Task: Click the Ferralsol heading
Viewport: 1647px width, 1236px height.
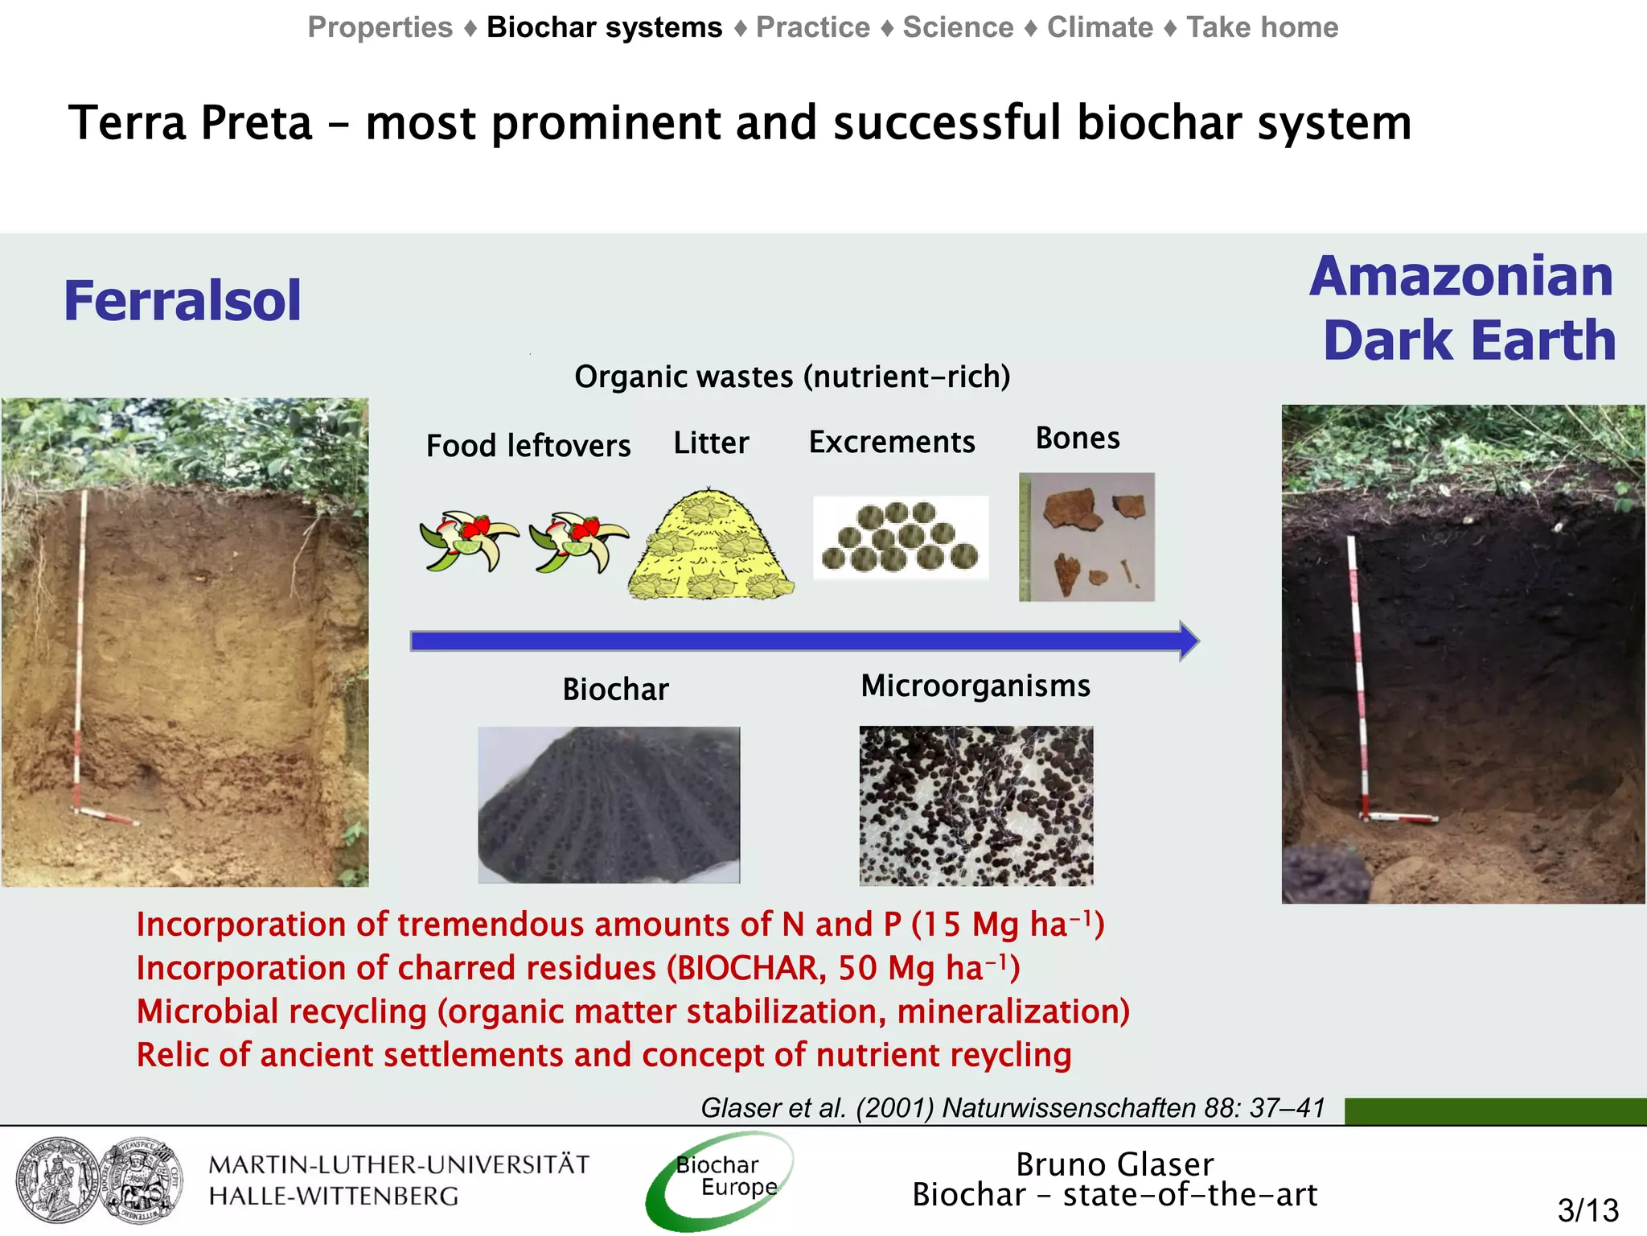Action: point(182,300)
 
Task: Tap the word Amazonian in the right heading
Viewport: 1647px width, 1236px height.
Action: point(1461,276)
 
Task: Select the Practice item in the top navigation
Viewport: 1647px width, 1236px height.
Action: point(813,27)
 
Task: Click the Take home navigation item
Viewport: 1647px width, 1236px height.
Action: point(1262,27)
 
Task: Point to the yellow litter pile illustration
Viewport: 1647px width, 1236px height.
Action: point(710,547)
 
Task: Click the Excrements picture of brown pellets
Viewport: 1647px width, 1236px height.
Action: point(900,538)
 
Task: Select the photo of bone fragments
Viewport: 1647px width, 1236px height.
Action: point(1086,537)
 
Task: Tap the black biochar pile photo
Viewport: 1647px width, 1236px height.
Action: point(609,805)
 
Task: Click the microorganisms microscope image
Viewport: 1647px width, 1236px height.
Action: point(975,805)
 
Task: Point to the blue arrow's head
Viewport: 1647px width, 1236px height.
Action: point(1189,641)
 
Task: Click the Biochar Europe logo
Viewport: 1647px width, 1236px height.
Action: point(721,1179)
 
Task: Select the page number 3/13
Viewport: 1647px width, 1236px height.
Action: point(1587,1210)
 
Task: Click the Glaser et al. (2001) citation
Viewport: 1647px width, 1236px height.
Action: point(1012,1108)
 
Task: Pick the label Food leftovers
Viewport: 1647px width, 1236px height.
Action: point(528,446)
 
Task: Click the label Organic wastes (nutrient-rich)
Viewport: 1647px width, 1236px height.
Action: point(792,377)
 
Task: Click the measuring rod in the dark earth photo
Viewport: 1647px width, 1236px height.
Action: point(1358,676)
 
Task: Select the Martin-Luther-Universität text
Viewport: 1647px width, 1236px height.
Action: point(399,1165)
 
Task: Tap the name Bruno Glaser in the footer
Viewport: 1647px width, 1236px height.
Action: point(1115,1164)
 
